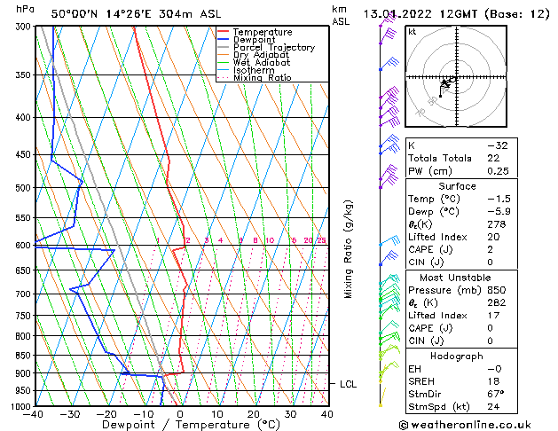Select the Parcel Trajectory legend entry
click(273, 48)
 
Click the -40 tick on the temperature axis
click(35, 414)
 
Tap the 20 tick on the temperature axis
click(254, 414)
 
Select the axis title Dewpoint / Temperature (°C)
click(180, 425)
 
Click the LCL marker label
click(348, 384)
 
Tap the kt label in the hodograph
click(413, 31)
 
